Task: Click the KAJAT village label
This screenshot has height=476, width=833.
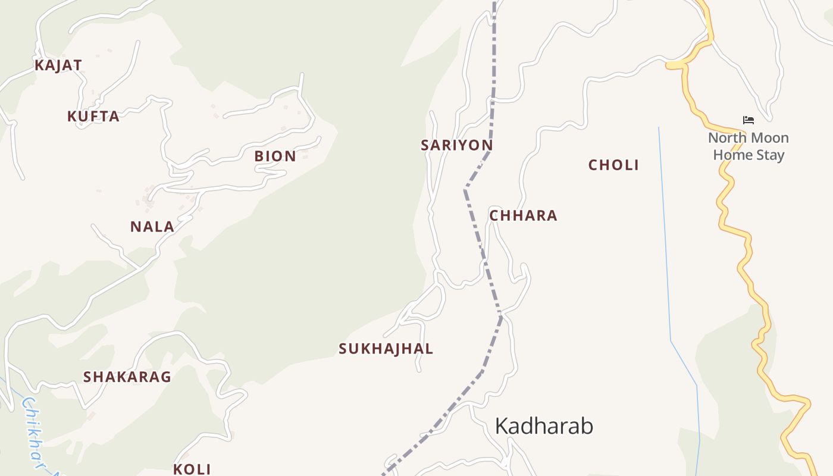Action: pos(58,65)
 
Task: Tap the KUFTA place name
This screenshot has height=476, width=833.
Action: pos(93,117)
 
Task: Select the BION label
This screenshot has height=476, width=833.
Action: pos(275,156)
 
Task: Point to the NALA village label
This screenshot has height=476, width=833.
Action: pos(152,227)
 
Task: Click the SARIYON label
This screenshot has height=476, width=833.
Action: pos(456,145)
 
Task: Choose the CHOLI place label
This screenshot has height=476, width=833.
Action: pos(613,165)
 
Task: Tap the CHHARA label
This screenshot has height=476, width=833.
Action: pos(523,216)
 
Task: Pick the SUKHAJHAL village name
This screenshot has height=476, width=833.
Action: pos(386,349)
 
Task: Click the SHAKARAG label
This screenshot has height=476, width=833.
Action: pos(127,377)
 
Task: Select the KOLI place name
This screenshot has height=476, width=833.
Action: pos(192,469)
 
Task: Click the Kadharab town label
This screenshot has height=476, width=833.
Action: pos(544,427)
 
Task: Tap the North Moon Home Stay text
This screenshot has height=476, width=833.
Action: pos(748,146)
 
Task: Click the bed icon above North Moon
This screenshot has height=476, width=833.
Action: pos(749,120)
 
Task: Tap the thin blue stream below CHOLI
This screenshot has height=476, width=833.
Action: pos(666,238)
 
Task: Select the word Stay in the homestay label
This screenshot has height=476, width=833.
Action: pos(770,155)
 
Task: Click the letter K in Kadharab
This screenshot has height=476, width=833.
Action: pos(502,427)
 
